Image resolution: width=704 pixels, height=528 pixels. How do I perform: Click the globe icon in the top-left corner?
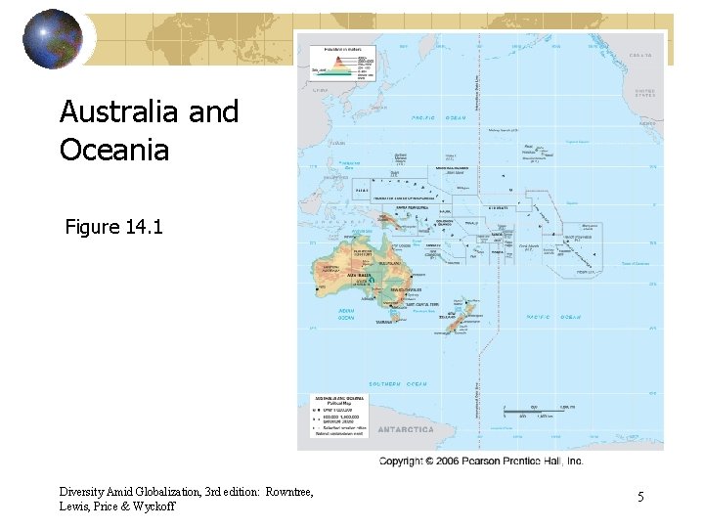(53, 39)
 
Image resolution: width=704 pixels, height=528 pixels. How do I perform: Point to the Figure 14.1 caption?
(113, 228)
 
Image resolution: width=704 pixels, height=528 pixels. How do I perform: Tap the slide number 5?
(640, 498)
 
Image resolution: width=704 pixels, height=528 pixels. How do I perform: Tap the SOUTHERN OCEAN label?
(398, 383)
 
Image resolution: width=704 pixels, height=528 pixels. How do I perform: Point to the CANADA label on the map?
(639, 57)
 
